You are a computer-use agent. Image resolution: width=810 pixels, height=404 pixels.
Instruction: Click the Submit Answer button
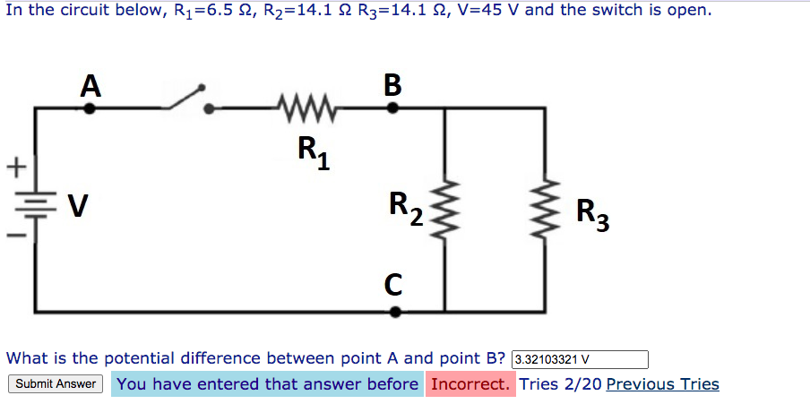56,384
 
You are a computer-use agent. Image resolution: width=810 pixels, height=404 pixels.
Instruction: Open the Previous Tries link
662,384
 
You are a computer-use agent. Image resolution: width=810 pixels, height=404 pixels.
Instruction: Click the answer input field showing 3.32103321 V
579,360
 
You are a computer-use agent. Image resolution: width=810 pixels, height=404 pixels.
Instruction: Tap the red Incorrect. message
470,384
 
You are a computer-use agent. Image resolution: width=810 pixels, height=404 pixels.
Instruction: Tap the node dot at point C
395,312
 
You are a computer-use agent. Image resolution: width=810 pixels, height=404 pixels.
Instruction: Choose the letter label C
394,284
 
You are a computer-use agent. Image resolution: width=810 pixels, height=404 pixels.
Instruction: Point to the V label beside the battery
78,207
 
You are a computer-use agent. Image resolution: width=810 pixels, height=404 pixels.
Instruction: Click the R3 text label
592,215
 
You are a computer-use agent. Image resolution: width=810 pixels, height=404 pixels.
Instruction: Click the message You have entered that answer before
267,384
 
